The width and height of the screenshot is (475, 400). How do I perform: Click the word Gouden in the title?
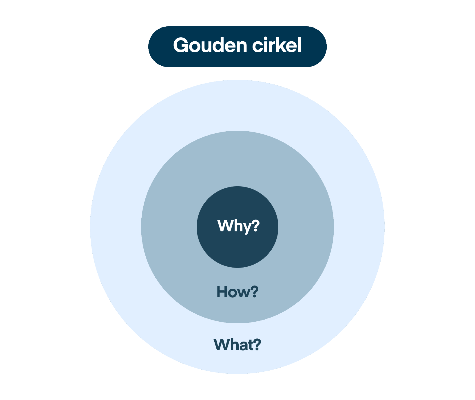210,45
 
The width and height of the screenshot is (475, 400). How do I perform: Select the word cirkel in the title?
277,45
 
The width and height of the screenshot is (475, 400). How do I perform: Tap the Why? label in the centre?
238,226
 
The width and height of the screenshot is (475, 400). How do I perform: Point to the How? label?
237,292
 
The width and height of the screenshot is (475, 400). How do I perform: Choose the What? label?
237,344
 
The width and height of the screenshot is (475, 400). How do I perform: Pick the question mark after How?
254,292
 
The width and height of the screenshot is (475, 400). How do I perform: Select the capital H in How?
222,292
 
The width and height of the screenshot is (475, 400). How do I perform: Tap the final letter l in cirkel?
299,45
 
